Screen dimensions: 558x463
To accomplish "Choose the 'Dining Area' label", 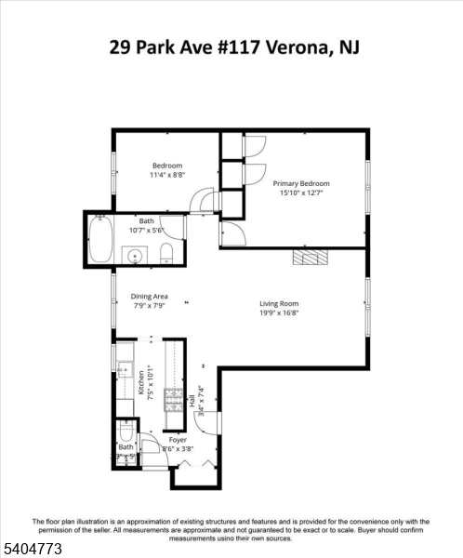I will click(149, 297).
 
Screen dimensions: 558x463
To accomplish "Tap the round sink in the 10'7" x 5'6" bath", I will click(136, 255).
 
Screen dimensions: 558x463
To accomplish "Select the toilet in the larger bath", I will click(165, 254).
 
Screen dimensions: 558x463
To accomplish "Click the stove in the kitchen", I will click(174, 399).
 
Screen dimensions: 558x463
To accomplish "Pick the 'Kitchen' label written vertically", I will click(142, 383).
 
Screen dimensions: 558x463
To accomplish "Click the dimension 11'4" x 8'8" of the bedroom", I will click(167, 175).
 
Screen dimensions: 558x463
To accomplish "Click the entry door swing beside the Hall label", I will click(212, 422).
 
